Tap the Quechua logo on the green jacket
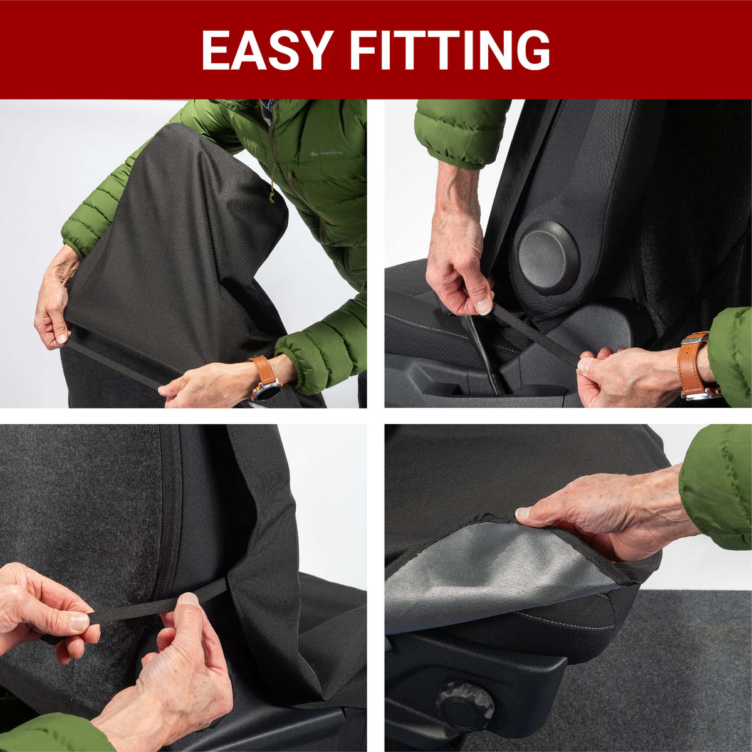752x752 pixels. (326, 154)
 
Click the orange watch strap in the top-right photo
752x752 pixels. (692, 360)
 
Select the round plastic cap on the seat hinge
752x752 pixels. (548, 258)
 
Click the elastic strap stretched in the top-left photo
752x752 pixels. (113, 364)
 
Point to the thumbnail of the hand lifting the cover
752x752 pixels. (524, 513)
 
